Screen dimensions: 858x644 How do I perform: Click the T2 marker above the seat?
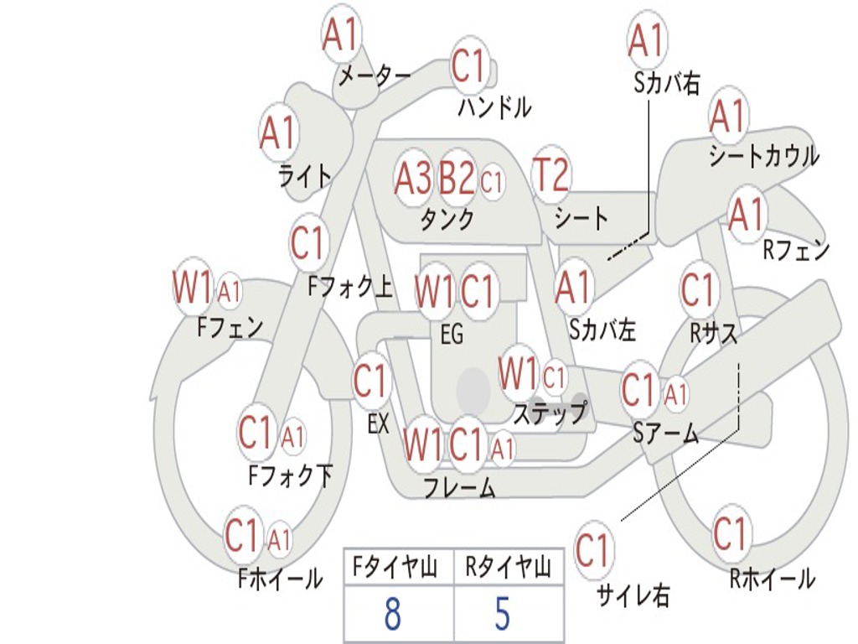[x=551, y=174]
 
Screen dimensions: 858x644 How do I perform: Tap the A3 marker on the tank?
[x=413, y=178]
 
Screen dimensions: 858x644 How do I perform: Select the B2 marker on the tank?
[x=457, y=178]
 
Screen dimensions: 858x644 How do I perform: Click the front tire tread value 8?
[x=392, y=614]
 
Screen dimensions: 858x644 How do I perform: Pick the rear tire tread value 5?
[x=503, y=614]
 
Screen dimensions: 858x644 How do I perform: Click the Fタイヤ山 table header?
[x=395, y=567]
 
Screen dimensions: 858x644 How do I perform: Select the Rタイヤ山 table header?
[x=508, y=567]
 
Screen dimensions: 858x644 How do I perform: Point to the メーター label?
[x=375, y=75]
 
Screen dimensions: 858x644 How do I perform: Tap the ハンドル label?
[x=494, y=106]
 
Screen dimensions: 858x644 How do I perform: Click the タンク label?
[x=447, y=219]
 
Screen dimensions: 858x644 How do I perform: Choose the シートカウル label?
[x=764, y=156]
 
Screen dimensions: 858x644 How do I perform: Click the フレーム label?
[x=460, y=487]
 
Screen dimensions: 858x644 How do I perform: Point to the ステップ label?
[x=550, y=413]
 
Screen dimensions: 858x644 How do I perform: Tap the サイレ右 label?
[x=633, y=595]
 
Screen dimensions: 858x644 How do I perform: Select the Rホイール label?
[x=772, y=579]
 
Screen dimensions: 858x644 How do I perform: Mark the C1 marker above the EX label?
[x=372, y=381]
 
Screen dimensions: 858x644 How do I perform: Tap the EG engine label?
[x=452, y=334]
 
